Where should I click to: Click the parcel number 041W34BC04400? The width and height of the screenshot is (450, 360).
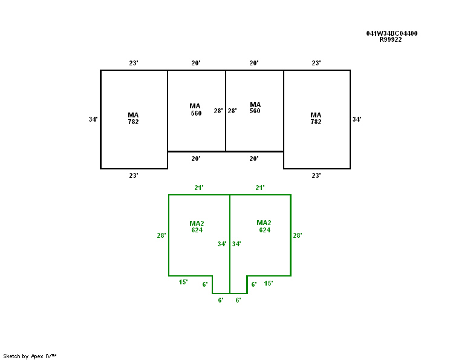[x=391, y=33]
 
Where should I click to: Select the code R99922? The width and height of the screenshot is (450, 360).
[x=391, y=39]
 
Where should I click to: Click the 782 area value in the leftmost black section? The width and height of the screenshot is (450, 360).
[x=133, y=122]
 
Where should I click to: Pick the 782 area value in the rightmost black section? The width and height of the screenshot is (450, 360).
[x=316, y=122]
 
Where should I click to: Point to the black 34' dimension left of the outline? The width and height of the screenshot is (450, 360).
[x=93, y=119]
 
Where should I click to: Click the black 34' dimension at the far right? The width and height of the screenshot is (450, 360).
[x=357, y=119]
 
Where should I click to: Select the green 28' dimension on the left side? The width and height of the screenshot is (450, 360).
[x=161, y=235]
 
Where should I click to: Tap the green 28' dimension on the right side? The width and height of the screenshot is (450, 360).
[x=297, y=235]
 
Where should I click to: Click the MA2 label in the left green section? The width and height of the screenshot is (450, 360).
[x=197, y=223]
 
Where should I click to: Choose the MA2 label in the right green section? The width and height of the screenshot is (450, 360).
[x=264, y=223]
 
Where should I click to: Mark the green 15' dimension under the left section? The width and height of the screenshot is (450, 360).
[x=183, y=282]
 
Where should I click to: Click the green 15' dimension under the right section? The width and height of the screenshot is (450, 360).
[x=269, y=283]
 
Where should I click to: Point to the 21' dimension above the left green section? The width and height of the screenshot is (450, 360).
[x=199, y=188]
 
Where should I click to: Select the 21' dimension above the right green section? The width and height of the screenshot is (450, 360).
[x=259, y=188]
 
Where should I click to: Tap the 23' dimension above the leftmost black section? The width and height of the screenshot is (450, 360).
[x=134, y=63]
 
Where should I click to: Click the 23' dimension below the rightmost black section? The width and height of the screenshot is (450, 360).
[x=316, y=175]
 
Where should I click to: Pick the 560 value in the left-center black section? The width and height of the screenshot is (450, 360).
[x=196, y=113]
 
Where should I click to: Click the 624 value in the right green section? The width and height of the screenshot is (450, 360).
[x=264, y=230]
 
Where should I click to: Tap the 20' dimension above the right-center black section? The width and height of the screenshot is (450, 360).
[x=254, y=63]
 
